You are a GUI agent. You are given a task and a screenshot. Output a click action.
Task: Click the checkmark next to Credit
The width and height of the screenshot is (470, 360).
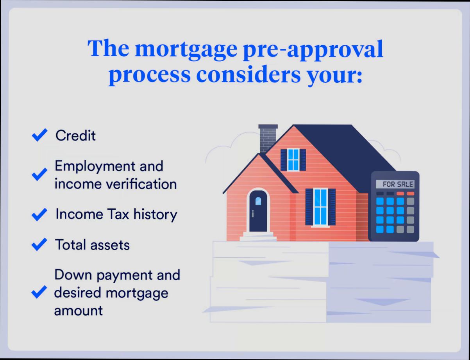pyautogui.click(x=39, y=135)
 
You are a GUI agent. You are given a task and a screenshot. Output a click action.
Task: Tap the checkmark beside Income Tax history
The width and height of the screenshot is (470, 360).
pyautogui.click(x=39, y=214)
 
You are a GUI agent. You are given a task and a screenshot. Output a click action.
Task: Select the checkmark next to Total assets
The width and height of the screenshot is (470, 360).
pyautogui.click(x=39, y=245)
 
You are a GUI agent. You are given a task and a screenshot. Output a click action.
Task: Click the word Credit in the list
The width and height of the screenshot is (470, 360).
pyautogui.click(x=75, y=135)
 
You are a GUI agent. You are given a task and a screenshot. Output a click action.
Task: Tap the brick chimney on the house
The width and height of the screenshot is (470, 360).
pyautogui.click(x=268, y=137)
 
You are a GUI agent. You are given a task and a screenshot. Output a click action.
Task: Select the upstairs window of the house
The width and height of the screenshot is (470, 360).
pyautogui.click(x=293, y=160)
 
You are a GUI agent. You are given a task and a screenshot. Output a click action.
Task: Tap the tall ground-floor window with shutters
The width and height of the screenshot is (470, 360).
pyautogui.click(x=320, y=207)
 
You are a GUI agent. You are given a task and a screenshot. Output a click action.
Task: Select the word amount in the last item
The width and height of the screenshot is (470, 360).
pyautogui.click(x=78, y=311)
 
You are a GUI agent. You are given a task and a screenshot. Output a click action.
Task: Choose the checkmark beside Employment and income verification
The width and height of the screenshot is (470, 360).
pyautogui.click(x=39, y=175)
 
